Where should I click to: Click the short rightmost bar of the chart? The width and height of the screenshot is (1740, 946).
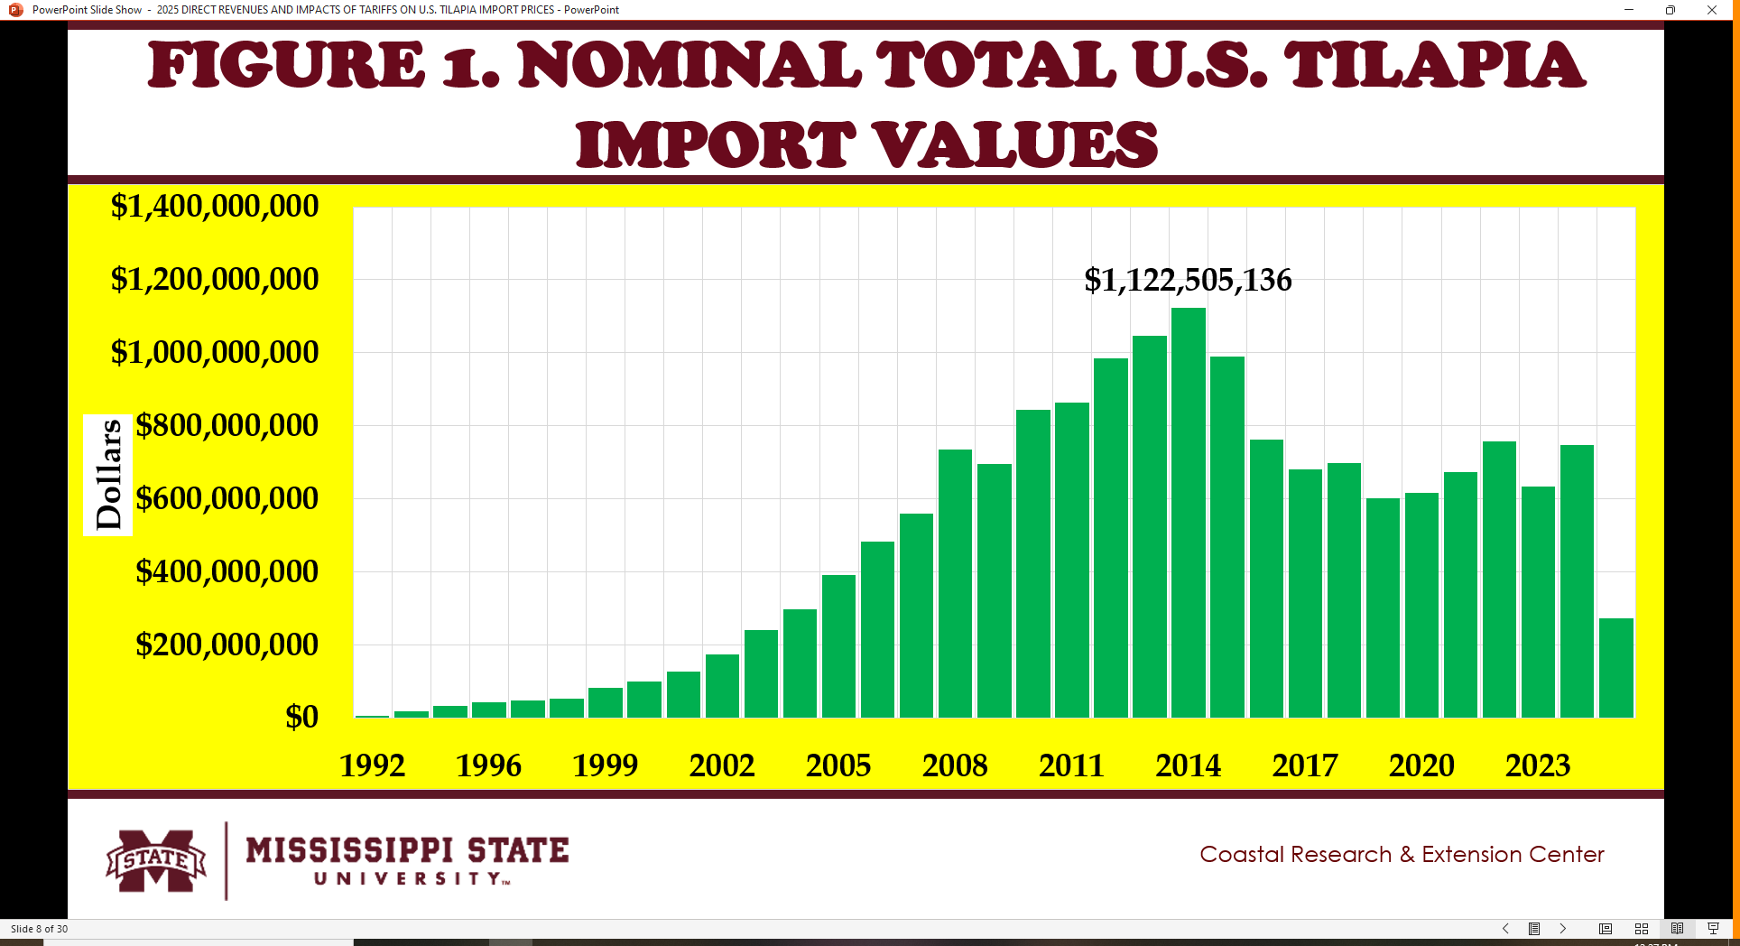click(x=1615, y=668)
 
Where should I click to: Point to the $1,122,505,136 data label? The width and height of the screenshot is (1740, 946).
click(x=1188, y=280)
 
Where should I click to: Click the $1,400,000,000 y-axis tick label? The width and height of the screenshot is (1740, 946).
click(x=214, y=206)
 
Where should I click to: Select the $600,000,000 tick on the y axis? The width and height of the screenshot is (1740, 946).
click(x=227, y=498)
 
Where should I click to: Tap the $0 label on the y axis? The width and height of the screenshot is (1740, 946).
click(x=301, y=717)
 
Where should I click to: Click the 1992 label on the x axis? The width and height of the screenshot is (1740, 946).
click(x=372, y=765)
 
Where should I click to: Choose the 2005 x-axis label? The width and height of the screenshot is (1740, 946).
click(x=838, y=765)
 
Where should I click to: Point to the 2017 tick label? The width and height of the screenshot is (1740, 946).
click(x=1305, y=765)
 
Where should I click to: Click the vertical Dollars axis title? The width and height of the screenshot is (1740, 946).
click(x=108, y=475)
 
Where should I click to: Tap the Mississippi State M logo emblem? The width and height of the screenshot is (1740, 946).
click(x=156, y=860)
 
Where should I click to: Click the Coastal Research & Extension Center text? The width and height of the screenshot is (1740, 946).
click(x=1402, y=854)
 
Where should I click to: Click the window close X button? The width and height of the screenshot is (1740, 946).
click(x=1711, y=10)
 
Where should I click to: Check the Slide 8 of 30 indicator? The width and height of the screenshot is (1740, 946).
click(x=39, y=929)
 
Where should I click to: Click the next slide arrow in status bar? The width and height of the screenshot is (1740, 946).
click(x=1562, y=929)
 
